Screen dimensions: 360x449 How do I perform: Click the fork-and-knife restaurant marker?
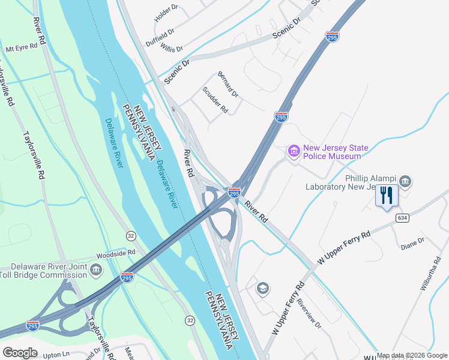[386, 196]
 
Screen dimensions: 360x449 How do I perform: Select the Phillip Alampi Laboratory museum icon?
[405, 181]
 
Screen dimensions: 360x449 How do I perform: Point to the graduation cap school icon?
[262, 289]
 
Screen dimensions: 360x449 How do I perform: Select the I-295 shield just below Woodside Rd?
[127, 277]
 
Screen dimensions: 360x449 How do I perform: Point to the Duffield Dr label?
[160, 37]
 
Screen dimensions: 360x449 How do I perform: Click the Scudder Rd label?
[215, 100]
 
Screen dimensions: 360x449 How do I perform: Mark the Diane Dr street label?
[412, 243]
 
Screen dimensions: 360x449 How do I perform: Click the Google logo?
[20, 352]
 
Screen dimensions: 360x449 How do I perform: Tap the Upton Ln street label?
[56, 355]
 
